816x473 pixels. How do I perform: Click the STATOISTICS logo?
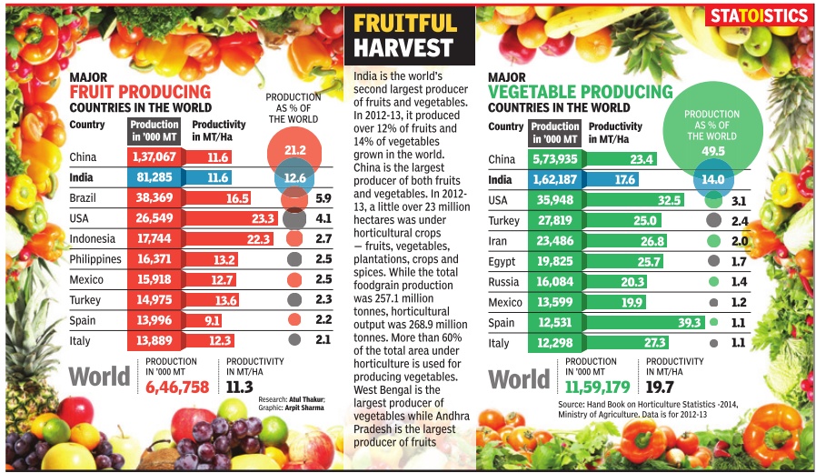coord(760,15)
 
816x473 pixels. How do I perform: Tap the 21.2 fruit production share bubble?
coord(294,149)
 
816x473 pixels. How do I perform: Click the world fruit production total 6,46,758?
coord(178,387)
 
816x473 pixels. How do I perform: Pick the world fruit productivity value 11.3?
coord(239,387)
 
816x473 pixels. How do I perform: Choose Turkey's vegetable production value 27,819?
coord(555,220)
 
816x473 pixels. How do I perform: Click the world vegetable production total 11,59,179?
coord(597,388)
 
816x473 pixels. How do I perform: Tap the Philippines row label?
coord(95,259)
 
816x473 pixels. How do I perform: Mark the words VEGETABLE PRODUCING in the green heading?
coord(581,93)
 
